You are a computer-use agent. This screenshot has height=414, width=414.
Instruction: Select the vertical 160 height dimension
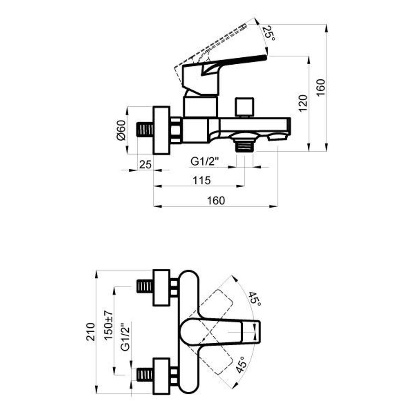321,88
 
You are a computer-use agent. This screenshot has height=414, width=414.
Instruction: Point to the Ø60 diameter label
121,130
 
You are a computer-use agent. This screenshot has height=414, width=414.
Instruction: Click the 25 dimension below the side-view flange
146,165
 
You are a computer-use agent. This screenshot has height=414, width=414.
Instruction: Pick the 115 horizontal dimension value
202,180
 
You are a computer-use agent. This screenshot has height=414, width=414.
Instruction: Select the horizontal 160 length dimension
216,200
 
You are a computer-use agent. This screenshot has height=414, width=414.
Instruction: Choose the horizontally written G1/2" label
204,162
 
